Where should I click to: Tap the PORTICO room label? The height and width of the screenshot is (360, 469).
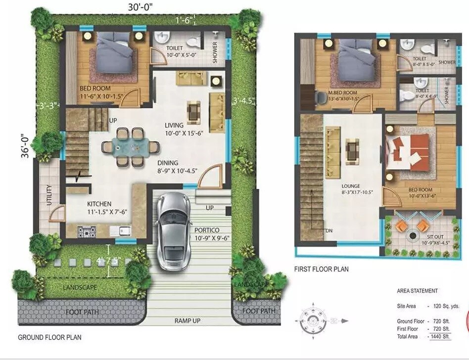click(x=207, y=230)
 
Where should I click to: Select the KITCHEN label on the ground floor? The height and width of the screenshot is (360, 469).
click(x=99, y=204)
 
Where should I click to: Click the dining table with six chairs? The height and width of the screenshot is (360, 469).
click(x=131, y=147)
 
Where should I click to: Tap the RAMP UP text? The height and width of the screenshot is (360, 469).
click(x=188, y=321)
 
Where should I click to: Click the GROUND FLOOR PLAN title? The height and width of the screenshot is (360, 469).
click(x=49, y=337)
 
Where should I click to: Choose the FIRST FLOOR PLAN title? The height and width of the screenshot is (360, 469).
click(x=321, y=270)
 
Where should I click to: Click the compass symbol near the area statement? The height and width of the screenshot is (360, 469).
click(x=314, y=320)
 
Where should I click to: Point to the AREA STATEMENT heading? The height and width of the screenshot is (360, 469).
click(x=417, y=291)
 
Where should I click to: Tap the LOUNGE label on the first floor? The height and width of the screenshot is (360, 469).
click(x=350, y=186)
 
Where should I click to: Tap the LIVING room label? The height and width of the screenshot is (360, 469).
click(x=174, y=125)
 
